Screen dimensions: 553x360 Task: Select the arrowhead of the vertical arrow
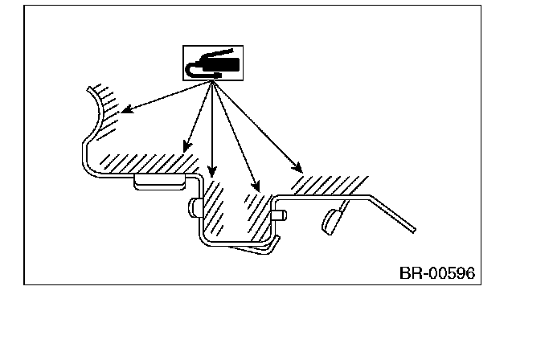tap(211, 171)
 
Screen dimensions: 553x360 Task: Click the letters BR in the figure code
tap(409, 273)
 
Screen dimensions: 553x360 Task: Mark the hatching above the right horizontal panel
tap(322, 184)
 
